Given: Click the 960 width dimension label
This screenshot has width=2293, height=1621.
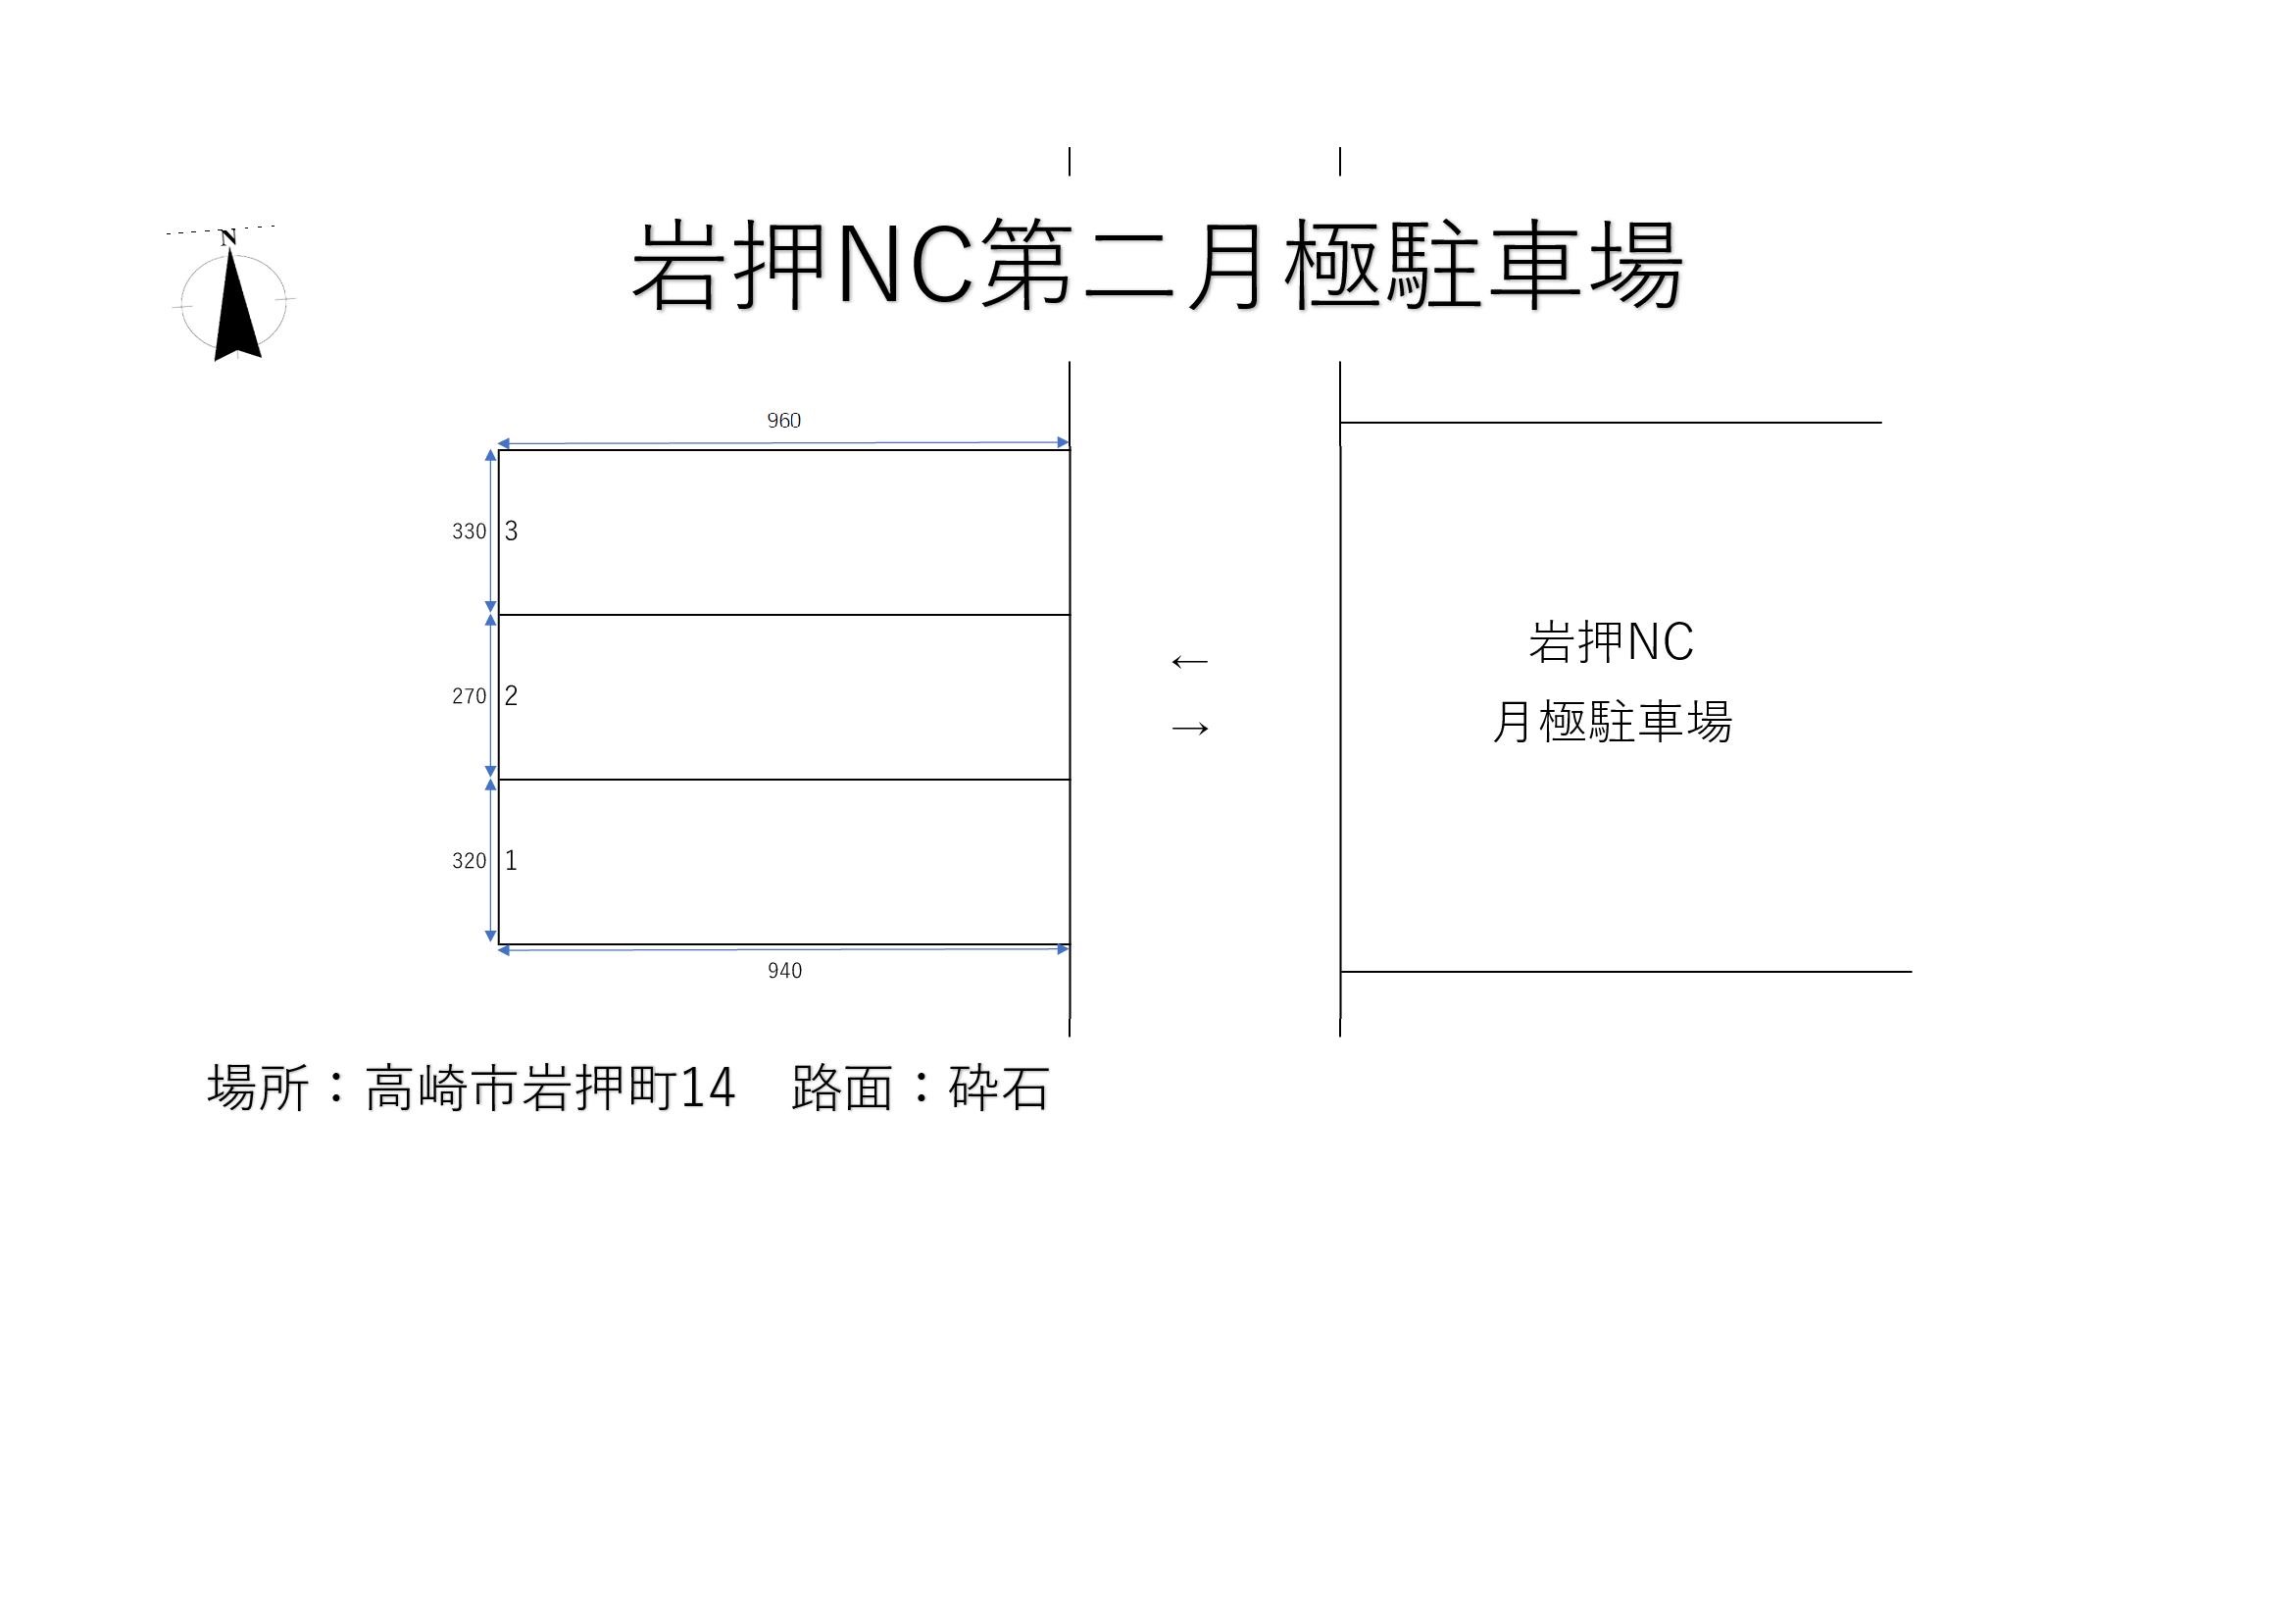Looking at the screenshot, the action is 784,421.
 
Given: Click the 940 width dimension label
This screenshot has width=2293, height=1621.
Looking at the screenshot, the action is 784,971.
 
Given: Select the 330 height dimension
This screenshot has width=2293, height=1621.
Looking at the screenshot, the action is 469,532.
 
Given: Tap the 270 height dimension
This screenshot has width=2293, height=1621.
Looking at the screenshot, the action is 469,696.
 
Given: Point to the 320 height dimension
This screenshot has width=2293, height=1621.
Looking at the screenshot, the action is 469,861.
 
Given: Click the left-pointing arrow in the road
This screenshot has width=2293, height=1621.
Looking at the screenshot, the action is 1189,661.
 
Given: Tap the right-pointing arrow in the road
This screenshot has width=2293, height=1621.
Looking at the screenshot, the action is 1189,728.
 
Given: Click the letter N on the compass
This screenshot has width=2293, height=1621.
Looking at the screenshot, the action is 227,237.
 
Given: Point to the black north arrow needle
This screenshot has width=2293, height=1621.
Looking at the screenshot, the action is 236,305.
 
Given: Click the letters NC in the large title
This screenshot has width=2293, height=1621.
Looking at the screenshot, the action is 905,266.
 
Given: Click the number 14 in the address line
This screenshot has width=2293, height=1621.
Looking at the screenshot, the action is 708,1089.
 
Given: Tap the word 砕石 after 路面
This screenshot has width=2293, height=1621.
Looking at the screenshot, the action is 999,1088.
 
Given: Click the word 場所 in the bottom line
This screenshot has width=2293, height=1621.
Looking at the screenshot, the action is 258,1088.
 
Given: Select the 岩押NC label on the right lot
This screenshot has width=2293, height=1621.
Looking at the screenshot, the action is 1611,642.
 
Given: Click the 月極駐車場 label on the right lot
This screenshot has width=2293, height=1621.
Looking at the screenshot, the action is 1611,721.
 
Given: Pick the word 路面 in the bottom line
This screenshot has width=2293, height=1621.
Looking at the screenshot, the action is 841,1088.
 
